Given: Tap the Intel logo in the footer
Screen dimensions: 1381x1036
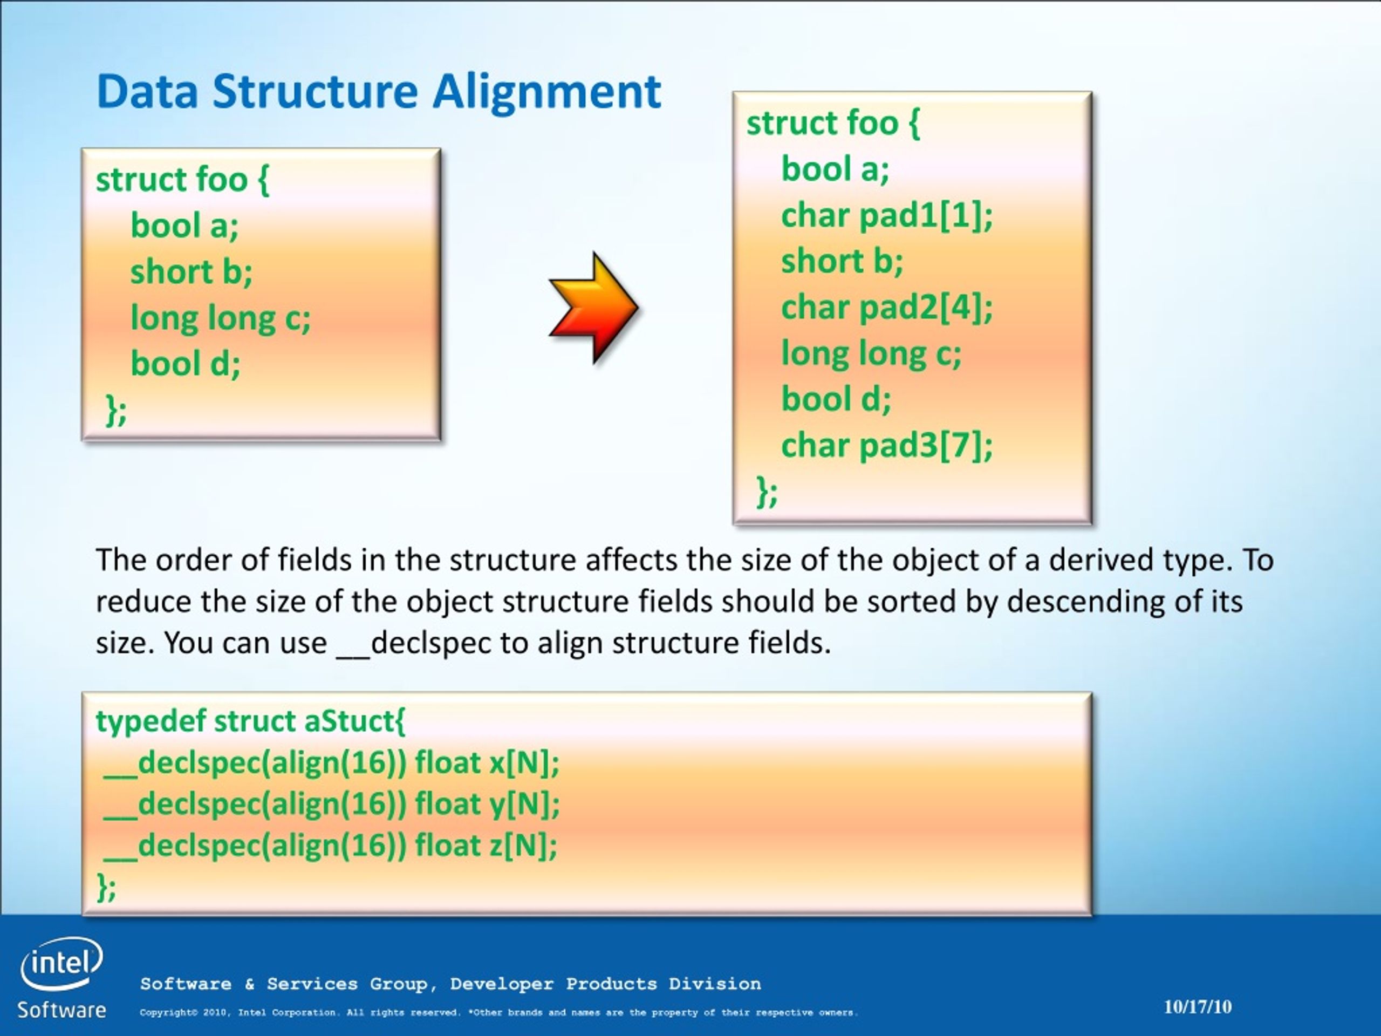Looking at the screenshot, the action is click(x=61, y=964).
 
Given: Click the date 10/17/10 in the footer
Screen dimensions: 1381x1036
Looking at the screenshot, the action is click(x=1198, y=1007).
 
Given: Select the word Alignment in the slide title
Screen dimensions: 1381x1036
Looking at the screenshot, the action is click(x=546, y=92).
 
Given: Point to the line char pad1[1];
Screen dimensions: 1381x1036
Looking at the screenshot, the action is click(x=886, y=215).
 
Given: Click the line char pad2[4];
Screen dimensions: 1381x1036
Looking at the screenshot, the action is click(x=886, y=307).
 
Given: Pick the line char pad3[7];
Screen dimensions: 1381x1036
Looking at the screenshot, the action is click(x=886, y=445).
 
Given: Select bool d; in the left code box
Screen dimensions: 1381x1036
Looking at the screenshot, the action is click(x=186, y=364).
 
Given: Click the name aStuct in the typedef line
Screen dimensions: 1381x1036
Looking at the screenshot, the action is click(x=354, y=721).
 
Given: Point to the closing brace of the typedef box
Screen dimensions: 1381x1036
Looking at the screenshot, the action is click(x=106, y=887).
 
